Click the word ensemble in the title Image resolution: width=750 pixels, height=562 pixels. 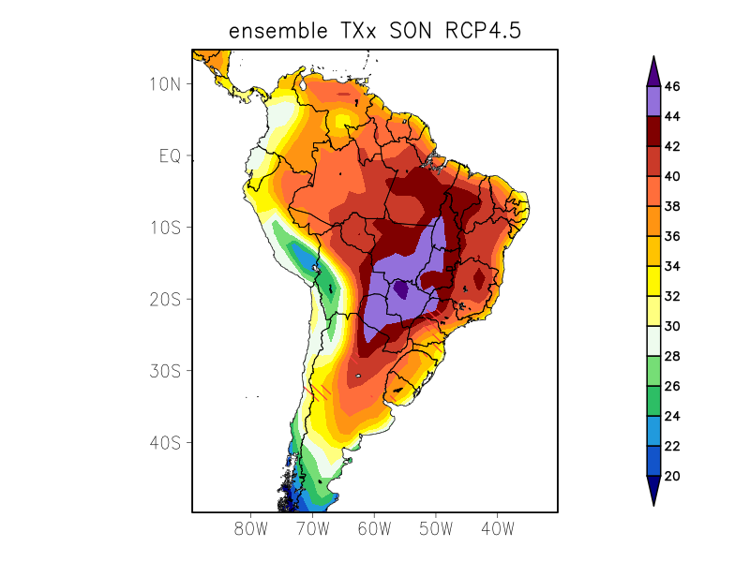277,31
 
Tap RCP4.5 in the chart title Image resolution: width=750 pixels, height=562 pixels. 482,31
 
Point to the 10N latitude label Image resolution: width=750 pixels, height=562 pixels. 164,84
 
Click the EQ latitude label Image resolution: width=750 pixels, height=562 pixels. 169,155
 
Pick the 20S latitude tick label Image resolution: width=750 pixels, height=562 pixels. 164,299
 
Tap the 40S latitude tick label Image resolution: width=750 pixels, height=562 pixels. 164,442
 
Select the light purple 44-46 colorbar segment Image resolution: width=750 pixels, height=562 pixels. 653,101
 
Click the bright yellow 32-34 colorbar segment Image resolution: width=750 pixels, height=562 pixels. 653,281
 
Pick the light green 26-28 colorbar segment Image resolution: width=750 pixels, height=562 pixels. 653,371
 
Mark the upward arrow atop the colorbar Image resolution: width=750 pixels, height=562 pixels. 653,71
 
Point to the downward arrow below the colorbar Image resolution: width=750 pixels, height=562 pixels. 653,491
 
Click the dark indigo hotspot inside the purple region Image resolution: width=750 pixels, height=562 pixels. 401,289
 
